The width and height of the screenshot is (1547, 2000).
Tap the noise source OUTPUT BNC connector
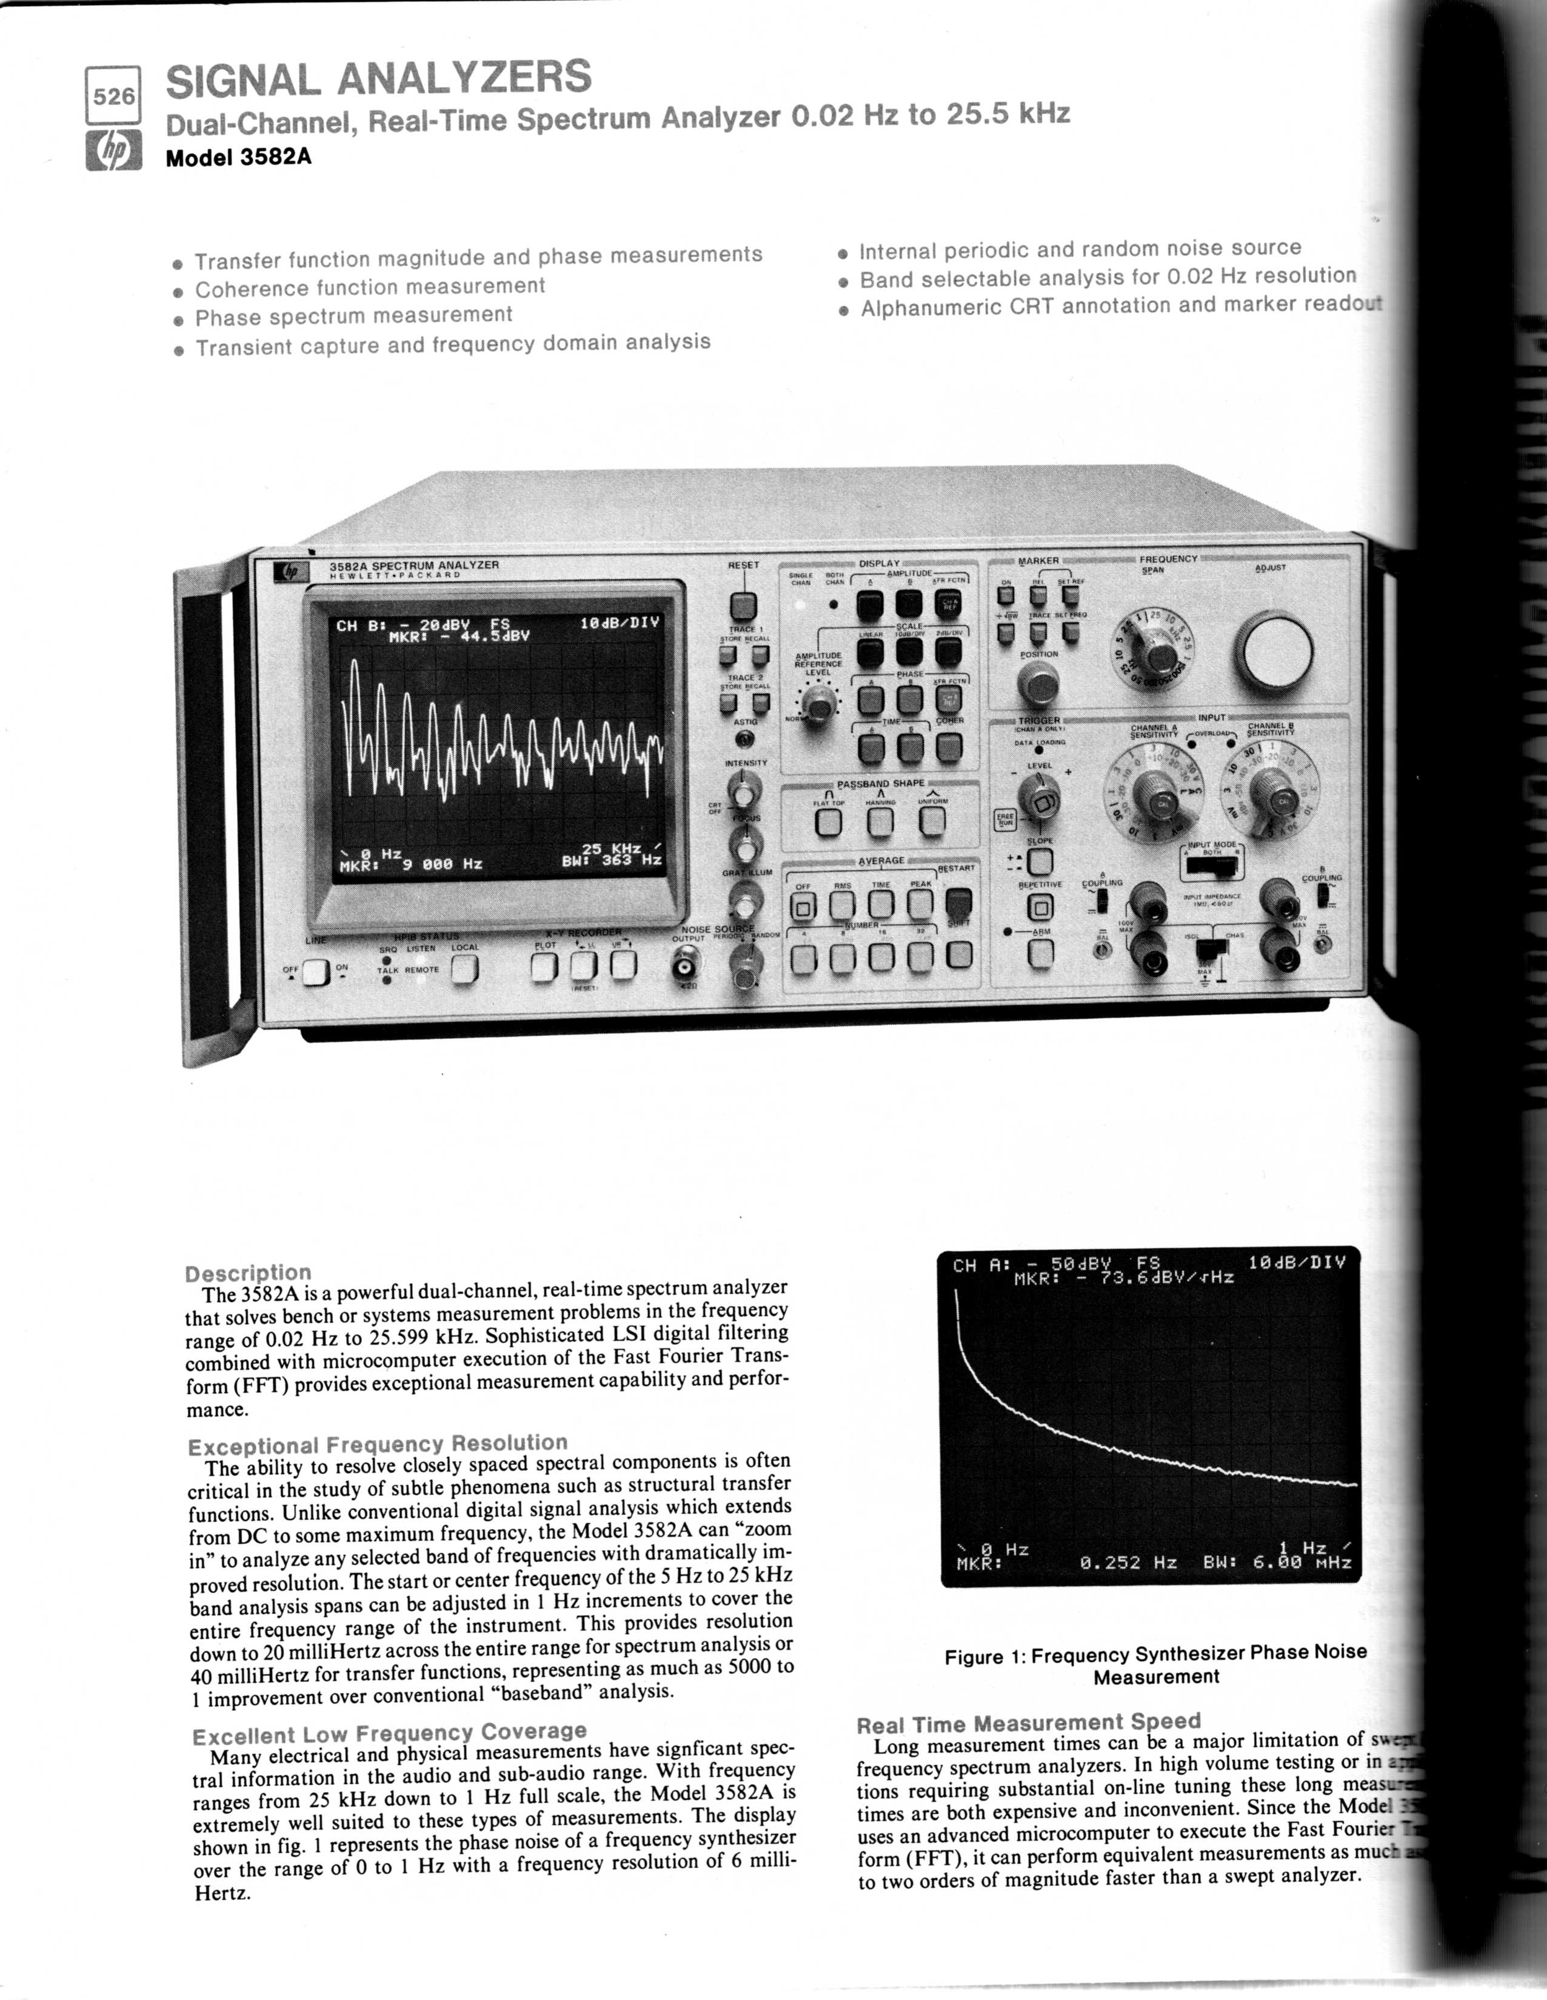[685, 966]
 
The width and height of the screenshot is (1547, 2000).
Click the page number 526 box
[113, 95]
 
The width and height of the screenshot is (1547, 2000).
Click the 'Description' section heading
[247, 1273]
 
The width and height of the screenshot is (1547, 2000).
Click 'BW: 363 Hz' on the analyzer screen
[612, 861]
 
